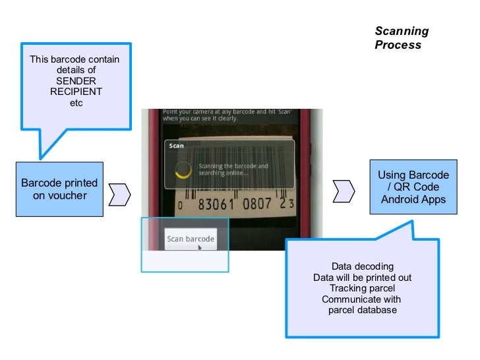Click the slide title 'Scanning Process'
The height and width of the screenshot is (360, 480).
pos(402,38)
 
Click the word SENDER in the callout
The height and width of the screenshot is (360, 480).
pos(75,80)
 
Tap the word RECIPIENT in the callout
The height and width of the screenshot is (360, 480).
pos(75,92)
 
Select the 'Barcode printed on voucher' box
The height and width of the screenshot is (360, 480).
pos(60,189)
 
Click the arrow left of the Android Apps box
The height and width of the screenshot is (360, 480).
pos(345,191)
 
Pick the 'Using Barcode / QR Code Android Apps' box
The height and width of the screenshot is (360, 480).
pos(413,187)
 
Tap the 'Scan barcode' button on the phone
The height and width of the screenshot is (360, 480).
pos(191,239)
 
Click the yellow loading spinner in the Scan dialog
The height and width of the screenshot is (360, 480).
pos(183,170)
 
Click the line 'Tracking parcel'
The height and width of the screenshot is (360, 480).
pos(363,288)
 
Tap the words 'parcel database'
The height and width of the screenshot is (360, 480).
pos(363,310)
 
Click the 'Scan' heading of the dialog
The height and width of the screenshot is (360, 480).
pos(177,146)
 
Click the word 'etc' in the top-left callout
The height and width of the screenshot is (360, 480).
pos(76,103)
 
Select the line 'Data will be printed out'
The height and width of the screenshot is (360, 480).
pos(363,278)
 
